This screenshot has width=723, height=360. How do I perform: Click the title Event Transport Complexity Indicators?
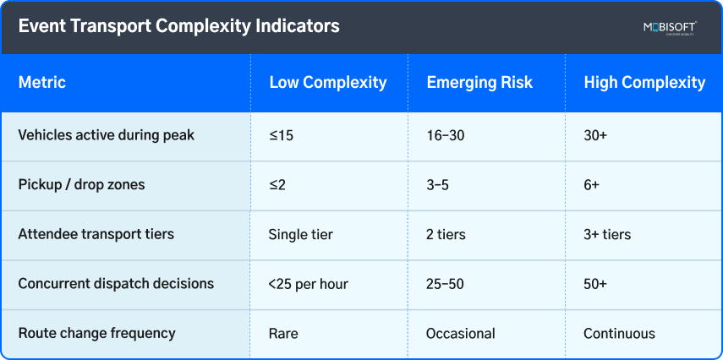[x=178, y=26]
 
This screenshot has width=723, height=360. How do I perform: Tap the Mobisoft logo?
[x=669, y=28]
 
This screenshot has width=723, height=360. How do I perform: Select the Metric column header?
[x=42, y=83]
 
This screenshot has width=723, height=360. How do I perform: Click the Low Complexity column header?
[x=327, y=83]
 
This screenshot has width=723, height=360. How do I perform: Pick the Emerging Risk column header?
[x=479, y=83]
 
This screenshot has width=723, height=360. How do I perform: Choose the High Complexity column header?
[x=644, y=83]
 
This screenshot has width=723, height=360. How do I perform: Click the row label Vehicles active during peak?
[x=106, y=135]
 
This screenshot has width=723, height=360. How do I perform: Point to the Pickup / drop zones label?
[x=81, y=184]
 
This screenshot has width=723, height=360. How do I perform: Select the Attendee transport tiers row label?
[x=96, y=234]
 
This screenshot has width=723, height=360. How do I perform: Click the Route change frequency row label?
[x=96, y=333]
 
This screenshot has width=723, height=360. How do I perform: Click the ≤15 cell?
[x=281, y=135]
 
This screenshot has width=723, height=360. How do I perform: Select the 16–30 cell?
[x=446, y=135]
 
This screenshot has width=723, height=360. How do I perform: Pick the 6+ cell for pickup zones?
[x=591, y=185]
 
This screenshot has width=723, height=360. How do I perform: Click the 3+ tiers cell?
[x=606, y=235]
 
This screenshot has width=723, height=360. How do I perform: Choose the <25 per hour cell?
[x=307, y=285]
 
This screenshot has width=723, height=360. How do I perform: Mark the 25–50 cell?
[x=445, y=285]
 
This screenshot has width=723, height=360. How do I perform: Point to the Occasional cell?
[x=460, y=334]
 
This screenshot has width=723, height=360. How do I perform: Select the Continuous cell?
[x=619, y=334]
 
